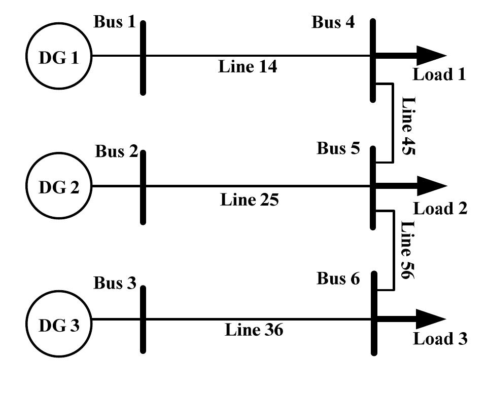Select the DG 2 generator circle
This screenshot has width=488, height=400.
pos(59,187)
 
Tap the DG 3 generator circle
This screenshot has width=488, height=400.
pos(59,325)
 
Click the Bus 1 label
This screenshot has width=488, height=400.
pos(115,22)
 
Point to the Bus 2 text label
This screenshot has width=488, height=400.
pos(116,151)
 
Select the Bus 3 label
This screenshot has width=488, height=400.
pos(115,283)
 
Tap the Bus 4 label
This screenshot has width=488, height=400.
pos(333,22)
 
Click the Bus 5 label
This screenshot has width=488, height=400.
pos(338,148)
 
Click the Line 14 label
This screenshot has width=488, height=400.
pos(248,66)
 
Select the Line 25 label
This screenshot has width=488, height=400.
pos(250,200)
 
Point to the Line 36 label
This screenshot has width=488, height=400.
pos(254,330)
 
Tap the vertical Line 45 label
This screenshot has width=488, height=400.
pos(408,126)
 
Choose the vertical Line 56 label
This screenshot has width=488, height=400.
pos(408,250)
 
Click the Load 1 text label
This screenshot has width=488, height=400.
pos(439,75)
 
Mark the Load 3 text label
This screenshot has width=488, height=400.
pos(440,339)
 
